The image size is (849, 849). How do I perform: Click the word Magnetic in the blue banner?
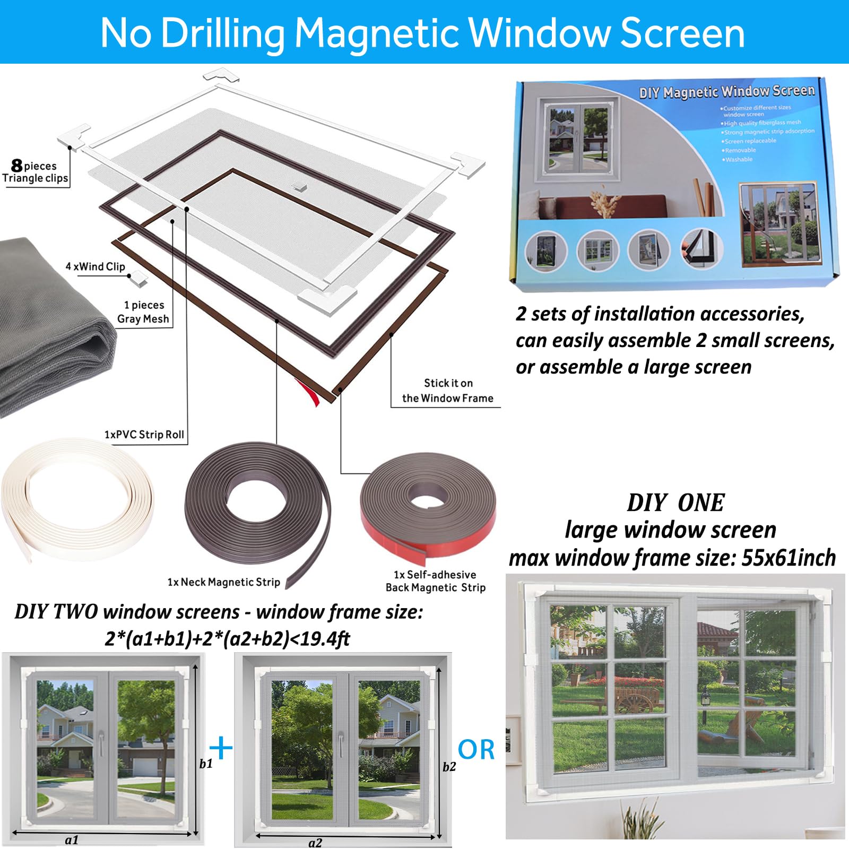point(377,33)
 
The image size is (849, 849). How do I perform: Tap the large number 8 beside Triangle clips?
point(17,166)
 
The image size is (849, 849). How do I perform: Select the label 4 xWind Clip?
point(95,266)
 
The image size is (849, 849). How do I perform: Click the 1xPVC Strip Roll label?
point(144,435)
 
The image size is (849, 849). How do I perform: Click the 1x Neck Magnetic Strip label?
point(223,582)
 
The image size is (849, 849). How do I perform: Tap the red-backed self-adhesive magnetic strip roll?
point(428,509)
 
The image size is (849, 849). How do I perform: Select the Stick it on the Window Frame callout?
point(447,391)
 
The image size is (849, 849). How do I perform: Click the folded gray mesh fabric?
point(48,329)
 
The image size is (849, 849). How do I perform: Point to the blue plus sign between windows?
point(221,748)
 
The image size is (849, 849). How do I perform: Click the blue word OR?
point(476,750)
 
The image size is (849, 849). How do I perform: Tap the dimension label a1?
point(72,840)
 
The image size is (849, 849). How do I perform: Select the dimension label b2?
point(449,767)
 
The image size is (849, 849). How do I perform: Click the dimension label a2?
point(315,843)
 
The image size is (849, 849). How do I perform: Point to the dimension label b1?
point(206,764)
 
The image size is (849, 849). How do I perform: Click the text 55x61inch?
point(789,558)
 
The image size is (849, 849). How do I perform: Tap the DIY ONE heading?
point(675,503)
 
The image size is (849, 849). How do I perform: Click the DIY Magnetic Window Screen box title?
point(726,92)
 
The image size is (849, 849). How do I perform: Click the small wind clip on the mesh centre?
point(299,186)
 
